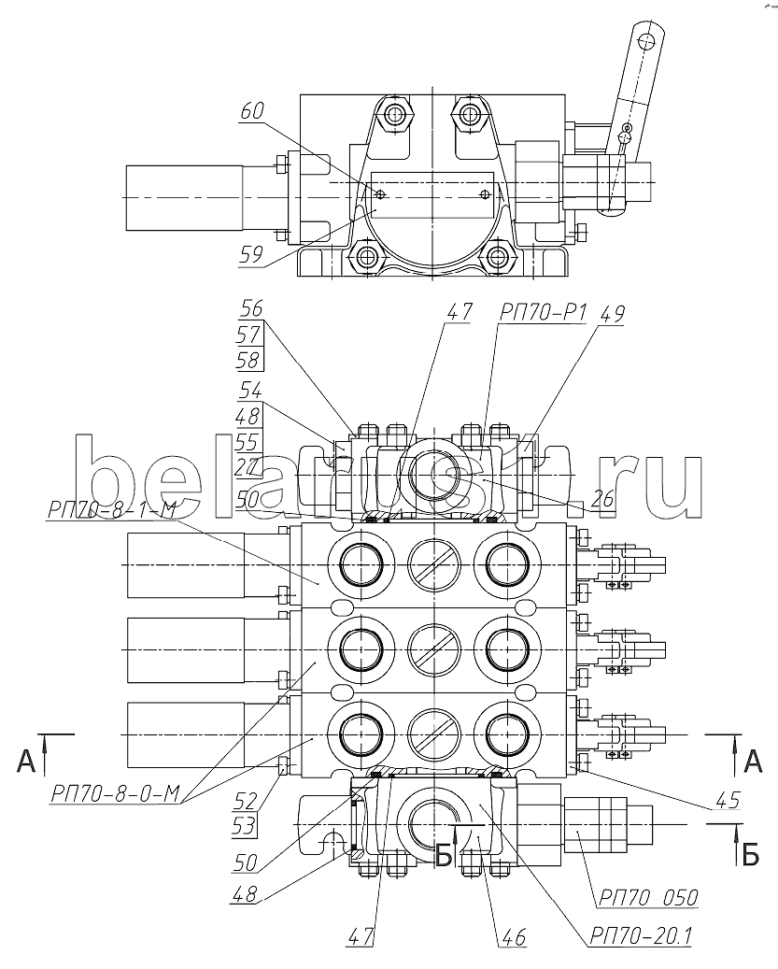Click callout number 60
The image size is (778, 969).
coord(252,111)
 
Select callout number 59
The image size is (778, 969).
coord(250,254)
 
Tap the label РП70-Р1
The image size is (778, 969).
coord(542,314)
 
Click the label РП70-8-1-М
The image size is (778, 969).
coord(112,510)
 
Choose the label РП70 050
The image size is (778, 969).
coord(647,897)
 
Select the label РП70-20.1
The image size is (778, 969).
coord(641,936)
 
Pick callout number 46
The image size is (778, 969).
coord(514,937)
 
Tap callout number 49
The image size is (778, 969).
coord(611,314)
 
